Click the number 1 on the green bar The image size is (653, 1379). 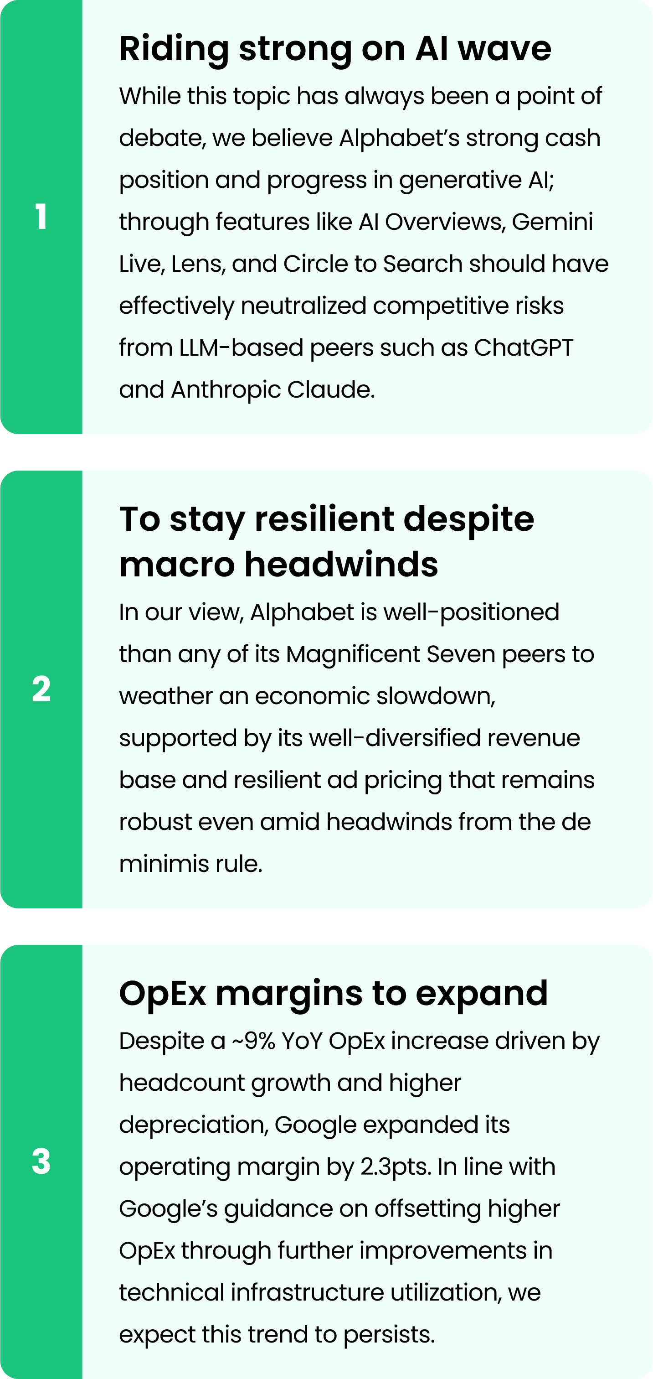click(x=41, y=217)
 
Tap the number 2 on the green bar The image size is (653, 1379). click(x=41, y=689)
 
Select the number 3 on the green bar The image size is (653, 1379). click(x=41, y=1161)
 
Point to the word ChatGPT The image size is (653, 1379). click(x=524, y=347)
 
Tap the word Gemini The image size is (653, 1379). click(x=552, y=222)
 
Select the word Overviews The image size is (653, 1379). click(x=446, y=222)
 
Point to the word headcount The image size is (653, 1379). click(x=182, y=1083)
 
